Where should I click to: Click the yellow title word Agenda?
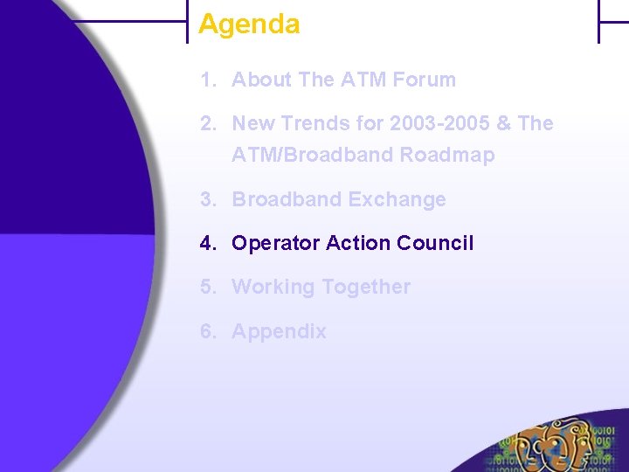[x=249, y=24]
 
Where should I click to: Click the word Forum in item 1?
[x=424, y=80]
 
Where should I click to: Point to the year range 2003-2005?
[x=439, y=123]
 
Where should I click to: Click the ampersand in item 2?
[x=503, y=123]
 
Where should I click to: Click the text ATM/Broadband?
[x=313, y=156]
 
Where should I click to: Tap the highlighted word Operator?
[x=276, y=243]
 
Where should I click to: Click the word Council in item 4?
[x=434, y=243]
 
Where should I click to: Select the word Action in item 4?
[x=358, y=243]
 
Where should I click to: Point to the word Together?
[x=366, y=287]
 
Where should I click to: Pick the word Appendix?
[x=279, y=331]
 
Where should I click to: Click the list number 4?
[x=206, y=243]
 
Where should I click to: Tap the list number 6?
[x=206, y=331]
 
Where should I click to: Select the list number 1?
[x=206, y=80]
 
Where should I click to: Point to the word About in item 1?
[x=261, y=80]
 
